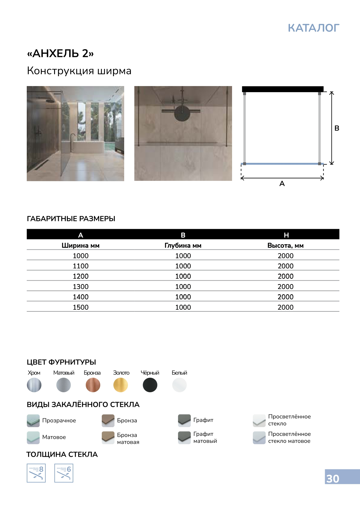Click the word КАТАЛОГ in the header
click(313, 28)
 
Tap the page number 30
click(333, 479)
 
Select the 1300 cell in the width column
click(81, 287)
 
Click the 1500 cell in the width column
click(81, 307)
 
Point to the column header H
click(286, 235)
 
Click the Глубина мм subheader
click(183, 245)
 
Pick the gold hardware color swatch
click(121, 385)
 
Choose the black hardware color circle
click(150, 385)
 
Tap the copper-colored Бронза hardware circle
click(93, 385)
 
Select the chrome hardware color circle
click(34, 385)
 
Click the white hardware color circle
click(179, 385)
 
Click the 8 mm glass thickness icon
click(36, 473)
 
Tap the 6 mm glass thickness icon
click(64, 473)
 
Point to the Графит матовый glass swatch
click(184, 437)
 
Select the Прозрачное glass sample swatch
click(33, 420)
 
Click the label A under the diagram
click(282, 184)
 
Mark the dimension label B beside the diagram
click(337, 128)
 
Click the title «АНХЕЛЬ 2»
click(60, 54)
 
